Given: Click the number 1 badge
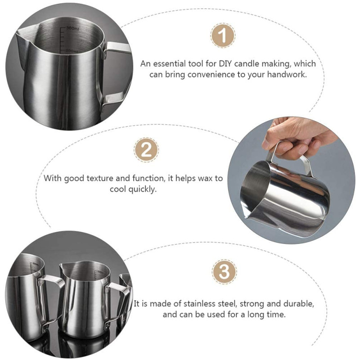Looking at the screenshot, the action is pos(223,36).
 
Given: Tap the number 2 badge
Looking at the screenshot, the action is pos(146,150).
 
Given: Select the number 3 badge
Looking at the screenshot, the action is pos(224,272).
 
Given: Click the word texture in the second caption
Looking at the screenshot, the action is pos(99,178).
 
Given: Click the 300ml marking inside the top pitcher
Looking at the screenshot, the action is pos(73,29).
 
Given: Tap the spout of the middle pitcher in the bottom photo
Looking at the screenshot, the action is pos(63,267).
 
